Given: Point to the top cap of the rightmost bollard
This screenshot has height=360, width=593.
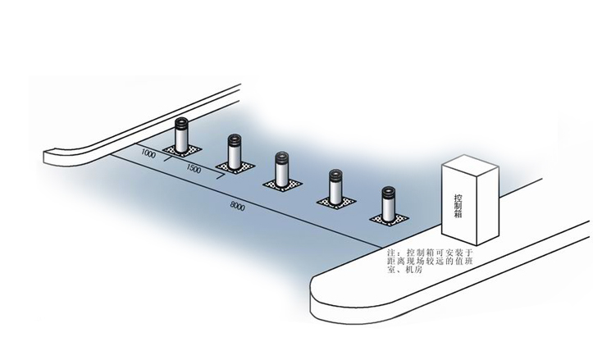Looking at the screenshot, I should coord(386,192).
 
